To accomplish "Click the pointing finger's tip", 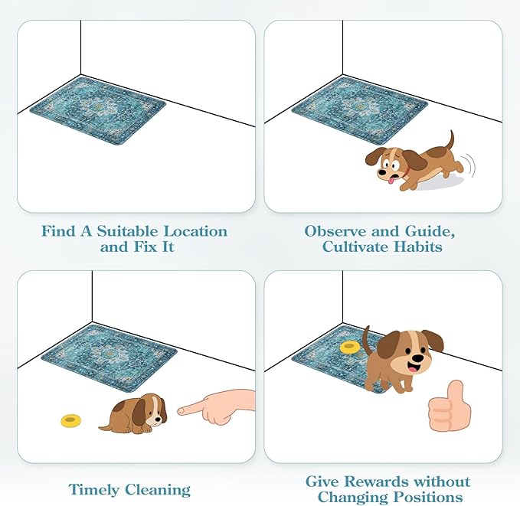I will (182, 410).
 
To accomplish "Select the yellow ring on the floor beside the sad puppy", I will (71, 420).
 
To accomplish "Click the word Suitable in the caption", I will (135, 231).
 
